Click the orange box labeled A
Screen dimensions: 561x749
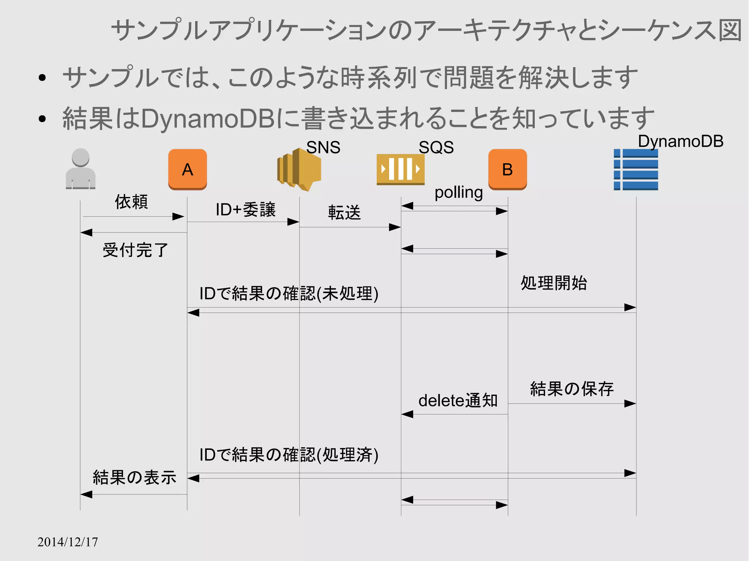[x=187, y=169]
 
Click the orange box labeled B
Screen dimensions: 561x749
[x=507, y=169]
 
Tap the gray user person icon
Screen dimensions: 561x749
[x=80, y=169]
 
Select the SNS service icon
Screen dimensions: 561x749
[x=299, y=170]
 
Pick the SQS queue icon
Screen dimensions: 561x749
[x=400, y=170]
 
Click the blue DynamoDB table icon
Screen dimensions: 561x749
[x=636, y=170]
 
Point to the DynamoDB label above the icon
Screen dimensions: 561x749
[x=680, y=141]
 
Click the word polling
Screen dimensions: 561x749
[x=458, y=192]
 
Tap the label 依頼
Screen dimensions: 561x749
[x=131, y=202]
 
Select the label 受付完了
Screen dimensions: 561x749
[x=135, y=250]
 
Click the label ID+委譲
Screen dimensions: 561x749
[x=245, y=210]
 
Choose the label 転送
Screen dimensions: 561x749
[x=344, y=212]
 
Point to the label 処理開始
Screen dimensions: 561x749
[x=554, y=283]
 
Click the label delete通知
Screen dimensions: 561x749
[x=458, y=401]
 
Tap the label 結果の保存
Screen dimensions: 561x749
[x=572, y=388]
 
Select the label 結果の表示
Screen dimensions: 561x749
[x=134, y=477]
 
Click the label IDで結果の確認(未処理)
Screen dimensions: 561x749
[x=289, y=293]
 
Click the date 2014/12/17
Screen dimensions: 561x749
[x=68, y=542]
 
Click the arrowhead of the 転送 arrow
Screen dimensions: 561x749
[x=395, y=227]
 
